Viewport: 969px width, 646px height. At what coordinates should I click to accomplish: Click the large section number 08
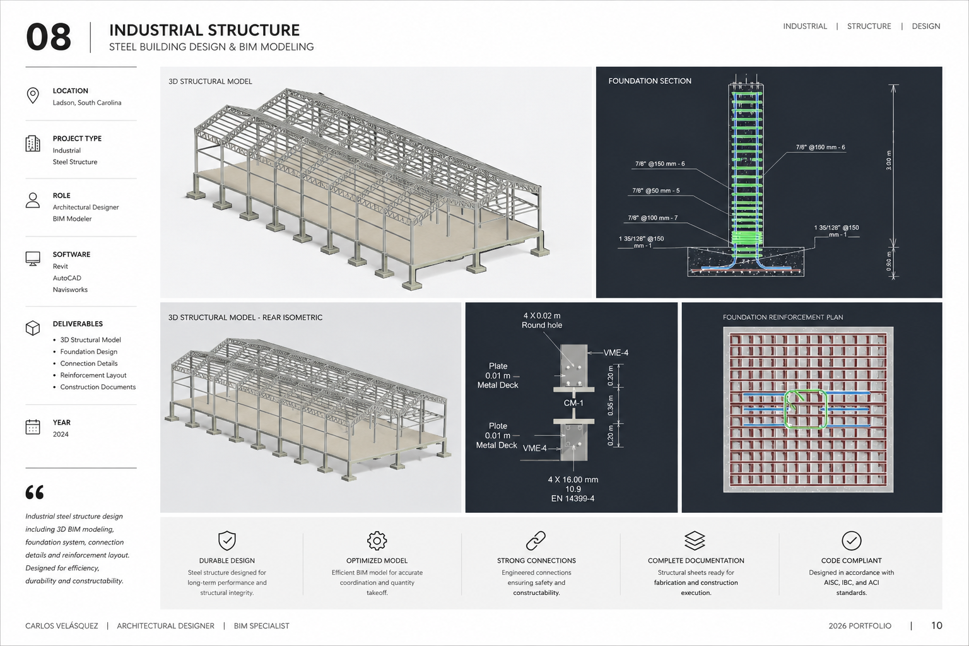click(x=49, y=37)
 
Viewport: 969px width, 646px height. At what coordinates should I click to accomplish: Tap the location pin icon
click(x=33, y=96)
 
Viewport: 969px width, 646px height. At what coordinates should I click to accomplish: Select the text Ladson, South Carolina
click(x=87, y=103)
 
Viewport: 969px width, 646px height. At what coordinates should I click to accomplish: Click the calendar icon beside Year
click(x=33, y=426)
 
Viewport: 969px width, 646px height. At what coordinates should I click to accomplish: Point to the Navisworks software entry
click(x=70, y=290)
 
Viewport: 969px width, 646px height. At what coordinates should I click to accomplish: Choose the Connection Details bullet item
click(x=89, y=363)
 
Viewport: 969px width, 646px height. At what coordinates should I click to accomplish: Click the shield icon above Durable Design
click(x=227, y=541)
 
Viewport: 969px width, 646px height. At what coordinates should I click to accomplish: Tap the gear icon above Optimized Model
click(x=377, y=541)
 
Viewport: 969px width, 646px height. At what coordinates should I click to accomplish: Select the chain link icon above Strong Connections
click(x=536, y=541)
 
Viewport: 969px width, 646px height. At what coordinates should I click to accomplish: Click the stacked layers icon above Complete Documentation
click(x=695, y=541)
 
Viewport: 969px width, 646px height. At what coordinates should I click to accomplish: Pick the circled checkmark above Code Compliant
click(x=851, y=541)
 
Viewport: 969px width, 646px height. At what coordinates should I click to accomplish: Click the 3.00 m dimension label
click(x=888, y=160)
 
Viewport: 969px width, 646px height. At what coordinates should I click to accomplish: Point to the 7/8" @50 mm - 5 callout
click(x=656, y=191)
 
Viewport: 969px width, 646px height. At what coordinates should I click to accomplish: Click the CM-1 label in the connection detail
click(x=573, y=403)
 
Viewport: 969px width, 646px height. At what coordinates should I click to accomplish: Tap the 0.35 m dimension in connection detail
click(x=611, y=406)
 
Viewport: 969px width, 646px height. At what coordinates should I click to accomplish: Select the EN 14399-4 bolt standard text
click(x=573, y=498)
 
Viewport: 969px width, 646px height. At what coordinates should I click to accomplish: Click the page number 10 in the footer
click(x=937, y=625)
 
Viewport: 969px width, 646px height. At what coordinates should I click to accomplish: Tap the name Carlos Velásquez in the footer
click(x=61, y=626)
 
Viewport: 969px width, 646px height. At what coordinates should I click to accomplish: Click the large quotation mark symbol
click(x=35, y=492)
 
